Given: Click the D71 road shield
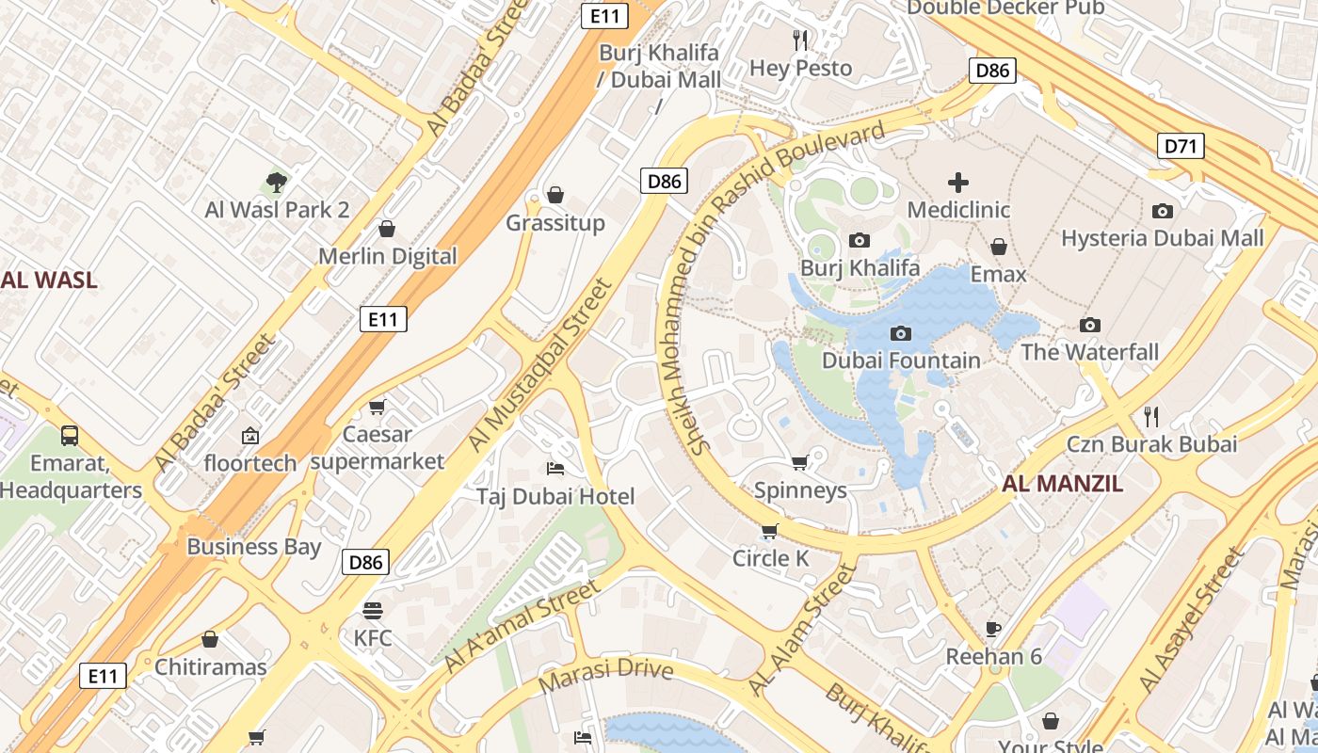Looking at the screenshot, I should [1181, 145].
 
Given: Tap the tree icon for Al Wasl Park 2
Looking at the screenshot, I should [277, 182].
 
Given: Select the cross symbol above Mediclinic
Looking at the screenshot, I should [958, 182].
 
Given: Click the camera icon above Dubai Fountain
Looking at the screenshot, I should [901, 333].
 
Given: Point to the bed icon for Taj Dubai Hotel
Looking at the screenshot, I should [555, 468].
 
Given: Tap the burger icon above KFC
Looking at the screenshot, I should [373, 610].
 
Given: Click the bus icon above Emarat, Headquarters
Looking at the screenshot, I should [70, 435].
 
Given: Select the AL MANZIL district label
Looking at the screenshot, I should [1063, 484].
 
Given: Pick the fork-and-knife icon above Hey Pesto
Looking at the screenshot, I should [801, 40].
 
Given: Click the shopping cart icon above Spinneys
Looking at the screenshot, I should [800, 462].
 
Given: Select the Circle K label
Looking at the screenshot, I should [771, 558].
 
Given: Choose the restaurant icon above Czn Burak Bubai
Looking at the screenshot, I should [1150, 416].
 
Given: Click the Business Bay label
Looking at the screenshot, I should [254, 547].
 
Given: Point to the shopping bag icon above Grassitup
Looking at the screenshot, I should [555, 195].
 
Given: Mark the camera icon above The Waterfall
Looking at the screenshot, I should [1090, 325].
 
